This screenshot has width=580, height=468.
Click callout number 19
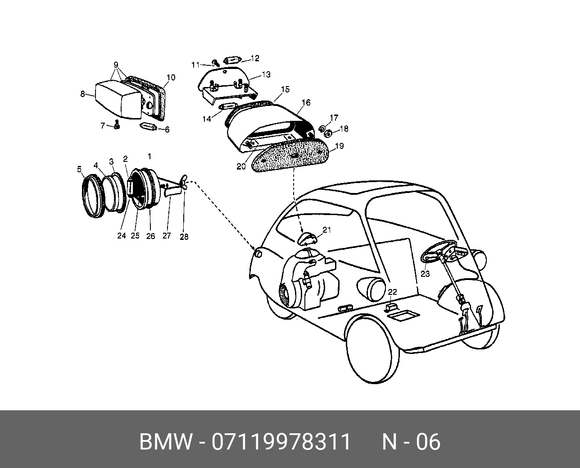click(339, 146)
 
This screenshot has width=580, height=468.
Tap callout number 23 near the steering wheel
click(425, 274)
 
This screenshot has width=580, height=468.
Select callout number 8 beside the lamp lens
click(82, 94)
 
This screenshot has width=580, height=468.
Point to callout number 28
click(184, 236)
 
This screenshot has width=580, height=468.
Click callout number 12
click(255, 58)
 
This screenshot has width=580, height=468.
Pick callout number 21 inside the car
click(326, 230)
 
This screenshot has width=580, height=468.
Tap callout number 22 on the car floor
click(392, 292)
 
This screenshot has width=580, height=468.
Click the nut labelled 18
click(329, 133)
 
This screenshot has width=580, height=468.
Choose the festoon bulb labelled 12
click(233, 60)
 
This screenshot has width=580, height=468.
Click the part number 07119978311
click(281, 442)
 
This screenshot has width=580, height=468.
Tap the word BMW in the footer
click(165, 442)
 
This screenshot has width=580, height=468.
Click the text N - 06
click(411, 442)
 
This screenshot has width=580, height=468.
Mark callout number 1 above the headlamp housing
click(150, 156)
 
